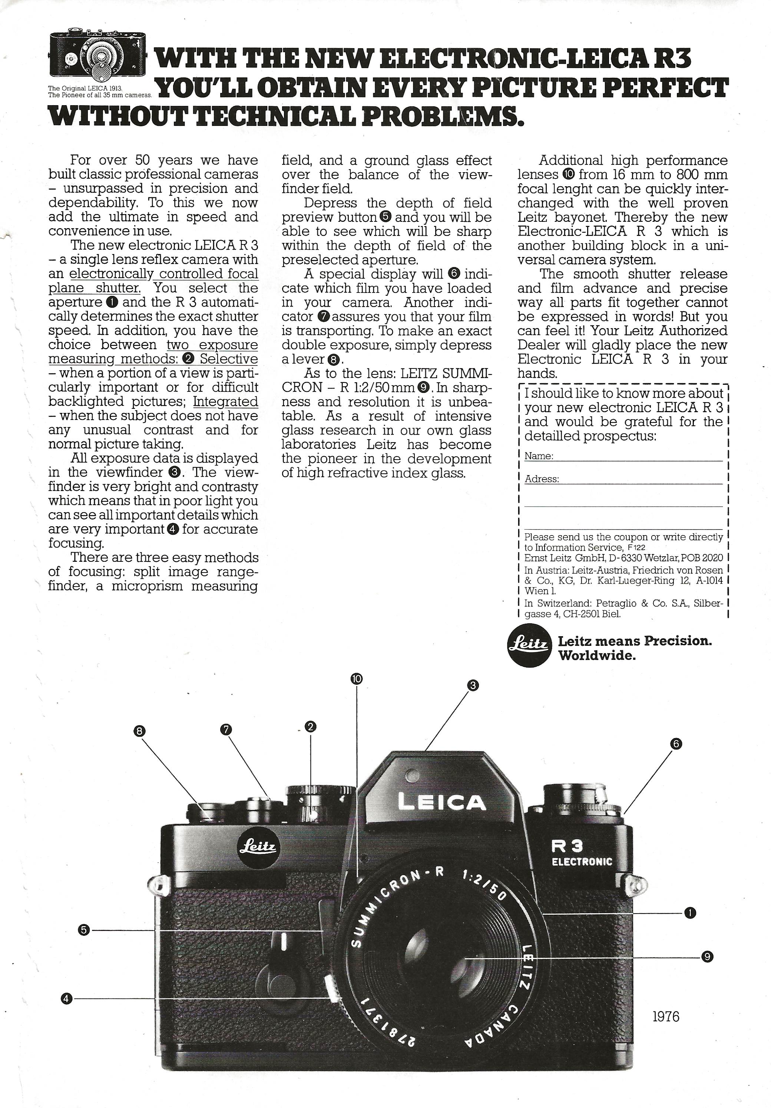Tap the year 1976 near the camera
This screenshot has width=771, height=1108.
coord(666,1016)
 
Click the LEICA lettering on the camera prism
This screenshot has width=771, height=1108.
coord(441,802)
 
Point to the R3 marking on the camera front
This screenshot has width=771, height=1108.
coord(568,845)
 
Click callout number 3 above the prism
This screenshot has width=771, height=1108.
coord(473,685)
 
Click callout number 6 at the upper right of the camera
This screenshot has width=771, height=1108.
coord(676,744)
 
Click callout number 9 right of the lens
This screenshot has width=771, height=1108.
coord(707,957)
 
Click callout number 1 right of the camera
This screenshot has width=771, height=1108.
coord(690,912)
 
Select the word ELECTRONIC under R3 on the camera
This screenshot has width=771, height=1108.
coord(582,861)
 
